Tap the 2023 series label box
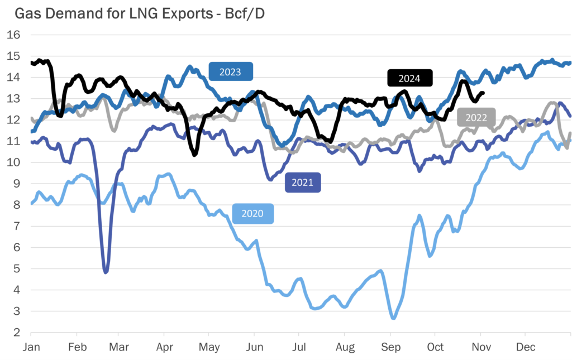[x=231, y=72]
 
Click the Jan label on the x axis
[x=31, y=347]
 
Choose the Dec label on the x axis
[x=525, y=347]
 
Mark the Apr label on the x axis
[x=164, y=347]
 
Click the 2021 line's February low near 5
[x=106, y=272]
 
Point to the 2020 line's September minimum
[x=393, y=318]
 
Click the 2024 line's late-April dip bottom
[x=194, y=154]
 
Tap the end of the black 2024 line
[x=483, y=93]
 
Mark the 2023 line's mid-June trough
[x=282, y=145]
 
